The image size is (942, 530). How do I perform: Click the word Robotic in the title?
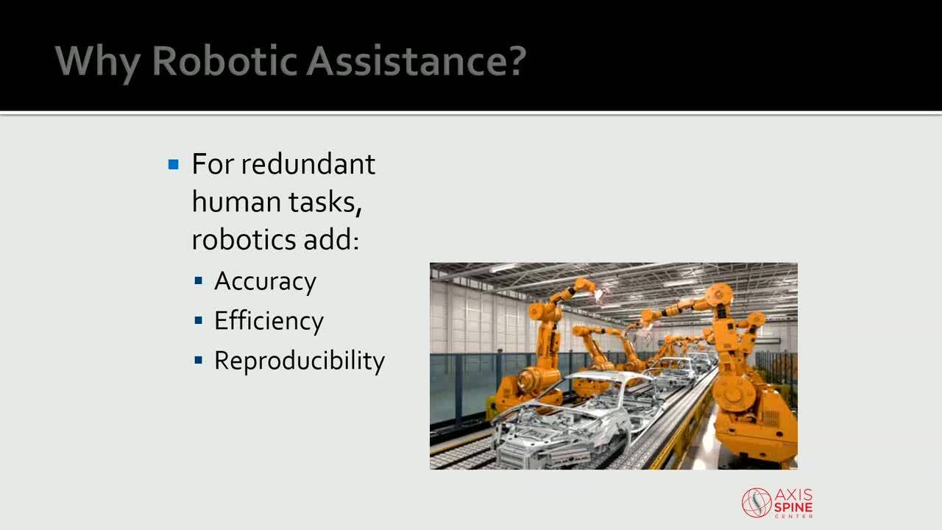coord(225,61)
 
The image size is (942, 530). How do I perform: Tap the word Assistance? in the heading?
coord(417,61)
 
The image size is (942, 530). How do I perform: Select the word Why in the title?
coord(98,64)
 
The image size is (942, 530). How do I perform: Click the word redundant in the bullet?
coord(308,163)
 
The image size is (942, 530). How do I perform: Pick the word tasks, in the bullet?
coord(325,202)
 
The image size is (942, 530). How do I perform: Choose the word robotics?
coord(244,239)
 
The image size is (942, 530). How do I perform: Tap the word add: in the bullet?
coord(332,239)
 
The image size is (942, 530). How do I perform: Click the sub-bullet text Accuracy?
coord(266,282)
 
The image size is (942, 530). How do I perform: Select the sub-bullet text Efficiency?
coord(269,322)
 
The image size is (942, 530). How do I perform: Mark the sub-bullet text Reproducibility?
coord(300,361)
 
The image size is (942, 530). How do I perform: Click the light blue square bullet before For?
coord(173,164)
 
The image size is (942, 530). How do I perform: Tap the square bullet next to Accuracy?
coord(199,280)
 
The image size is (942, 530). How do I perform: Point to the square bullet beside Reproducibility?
coord(199,360)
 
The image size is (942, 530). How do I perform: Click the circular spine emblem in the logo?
coord(757,503)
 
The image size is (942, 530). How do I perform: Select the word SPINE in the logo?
coord(793,506)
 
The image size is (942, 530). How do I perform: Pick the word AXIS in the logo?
coord(793,494)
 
